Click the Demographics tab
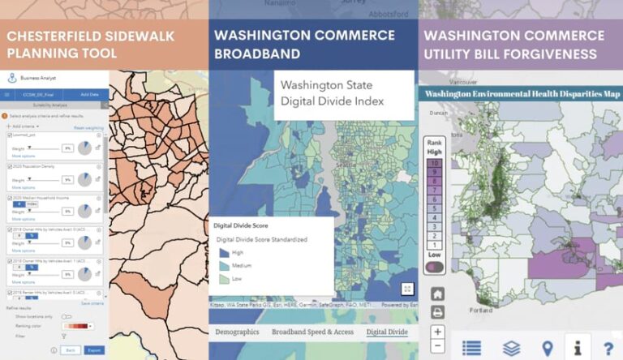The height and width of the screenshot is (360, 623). coord(236,332)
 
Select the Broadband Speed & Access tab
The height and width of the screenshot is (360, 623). coord(311,332)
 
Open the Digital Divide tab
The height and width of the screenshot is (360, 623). coord(388,332)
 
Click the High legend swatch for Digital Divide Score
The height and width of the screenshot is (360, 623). coord(225,253)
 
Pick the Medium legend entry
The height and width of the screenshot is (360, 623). coord(225,266)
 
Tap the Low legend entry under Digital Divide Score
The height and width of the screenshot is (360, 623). coord(225,279)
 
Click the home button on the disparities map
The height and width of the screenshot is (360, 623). coord(437,294)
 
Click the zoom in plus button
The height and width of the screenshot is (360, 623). coord(437,331)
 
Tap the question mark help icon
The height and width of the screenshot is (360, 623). coord(608,348)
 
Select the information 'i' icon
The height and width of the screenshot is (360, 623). coord(578,348)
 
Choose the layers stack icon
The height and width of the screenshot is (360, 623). coord(511,348)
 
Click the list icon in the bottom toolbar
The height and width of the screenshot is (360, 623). coord(471,348)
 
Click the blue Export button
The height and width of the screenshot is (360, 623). coord(94,350)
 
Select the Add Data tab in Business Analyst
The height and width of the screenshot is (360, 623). coord(89,95)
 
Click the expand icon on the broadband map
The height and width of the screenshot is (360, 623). coord(407,289)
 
